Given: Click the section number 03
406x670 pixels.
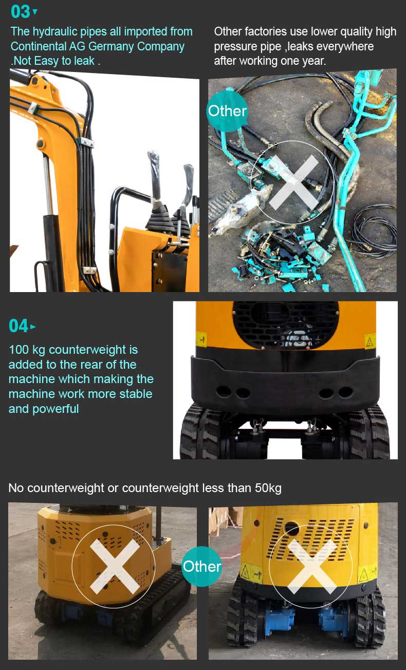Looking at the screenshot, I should (x=20, y=11).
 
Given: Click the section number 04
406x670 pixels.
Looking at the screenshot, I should (x=19, y=325).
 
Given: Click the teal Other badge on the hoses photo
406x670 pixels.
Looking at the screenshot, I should (x=227, y=111).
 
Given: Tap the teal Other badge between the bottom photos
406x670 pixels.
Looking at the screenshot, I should (x=202, y=566).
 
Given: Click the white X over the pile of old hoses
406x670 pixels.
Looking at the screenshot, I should (x=293, y=183).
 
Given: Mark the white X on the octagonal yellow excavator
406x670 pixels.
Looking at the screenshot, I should (x=114, y=566).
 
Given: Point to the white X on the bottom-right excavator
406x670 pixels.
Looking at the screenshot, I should (x=312, y=566).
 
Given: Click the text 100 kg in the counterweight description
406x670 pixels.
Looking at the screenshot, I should (x=27, y=350).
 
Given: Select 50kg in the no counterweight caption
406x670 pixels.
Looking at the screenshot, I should (x=268, y=487).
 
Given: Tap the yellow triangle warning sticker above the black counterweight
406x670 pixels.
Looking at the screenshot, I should (x=370, y=340).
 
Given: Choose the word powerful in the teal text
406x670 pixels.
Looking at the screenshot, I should (x=56, y=409).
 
